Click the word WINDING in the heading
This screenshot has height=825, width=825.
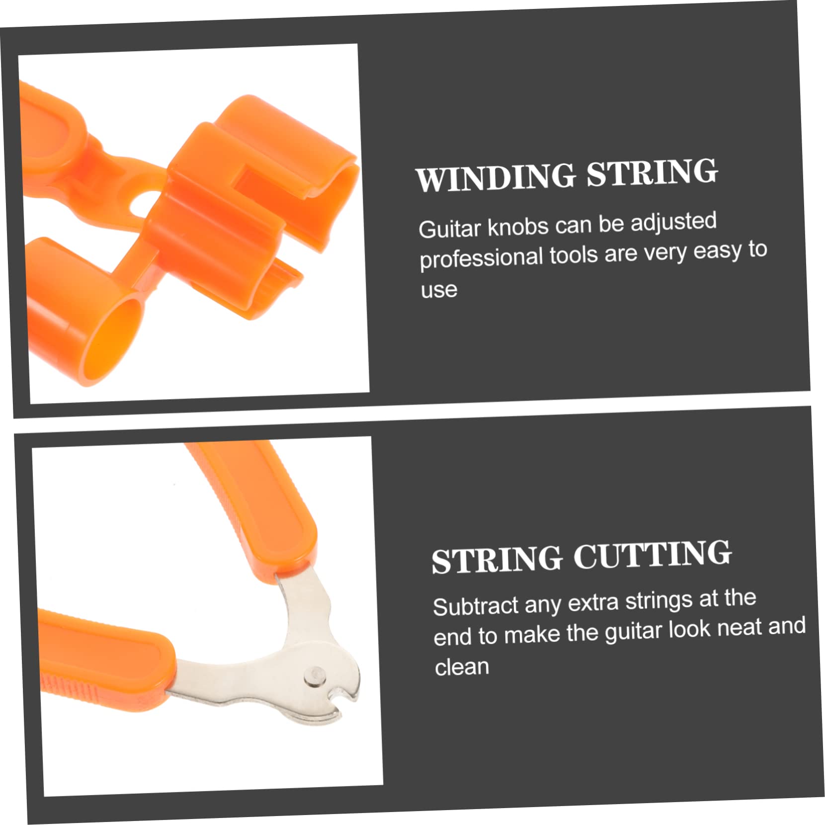(495, 177)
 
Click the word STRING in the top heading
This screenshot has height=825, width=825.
(652, 172)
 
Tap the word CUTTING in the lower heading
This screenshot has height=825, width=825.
(652, 555)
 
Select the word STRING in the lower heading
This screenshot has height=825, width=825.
(496, 560)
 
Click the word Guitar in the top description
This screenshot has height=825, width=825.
(450, 229)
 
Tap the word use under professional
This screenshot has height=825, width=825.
(439, 290)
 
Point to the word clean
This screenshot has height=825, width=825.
(462, 667)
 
